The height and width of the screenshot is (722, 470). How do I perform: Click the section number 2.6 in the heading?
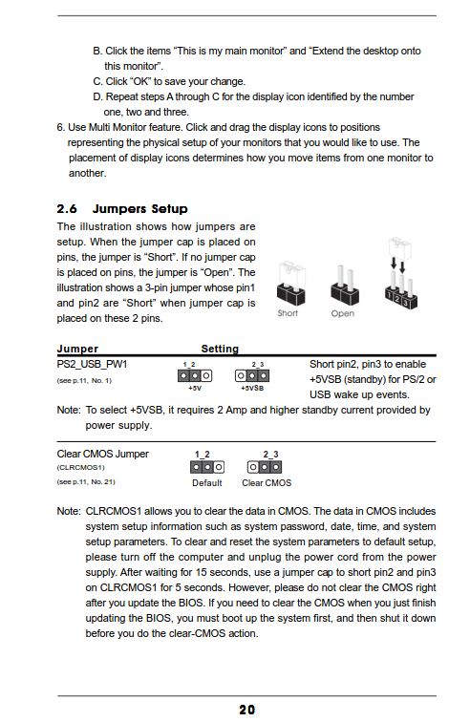tap(67, 209)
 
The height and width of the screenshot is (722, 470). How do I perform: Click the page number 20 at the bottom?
tap(247, 710)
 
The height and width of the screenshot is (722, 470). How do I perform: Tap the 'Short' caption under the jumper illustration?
tap(288, 313)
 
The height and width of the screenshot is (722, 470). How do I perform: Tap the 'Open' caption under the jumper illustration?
tap(342, 313)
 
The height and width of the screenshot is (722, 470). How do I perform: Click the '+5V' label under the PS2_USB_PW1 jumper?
tap(195, 388)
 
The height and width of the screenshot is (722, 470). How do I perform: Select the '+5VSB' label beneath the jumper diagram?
tap(252, 388)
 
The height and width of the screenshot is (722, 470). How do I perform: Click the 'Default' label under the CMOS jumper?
tap(207, 482)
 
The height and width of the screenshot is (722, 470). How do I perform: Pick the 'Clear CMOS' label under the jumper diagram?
tap(267, 482)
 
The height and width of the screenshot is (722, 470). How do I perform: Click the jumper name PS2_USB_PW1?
tap(92, 364)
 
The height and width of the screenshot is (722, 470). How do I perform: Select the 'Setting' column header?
tap(220, 349)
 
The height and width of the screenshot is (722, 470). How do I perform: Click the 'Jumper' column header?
tap(77, 349)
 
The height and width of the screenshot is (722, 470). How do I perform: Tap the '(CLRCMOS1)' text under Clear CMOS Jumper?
tap(80, 467)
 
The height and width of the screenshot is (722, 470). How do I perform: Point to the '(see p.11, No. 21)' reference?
tap(86, 481)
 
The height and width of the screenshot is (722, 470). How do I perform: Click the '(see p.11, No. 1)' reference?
tap(84, 380)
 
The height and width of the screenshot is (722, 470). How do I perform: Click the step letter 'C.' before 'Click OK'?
tap(97, 81)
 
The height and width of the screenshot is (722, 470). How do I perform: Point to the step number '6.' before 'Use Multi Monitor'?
tap(61, 127)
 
